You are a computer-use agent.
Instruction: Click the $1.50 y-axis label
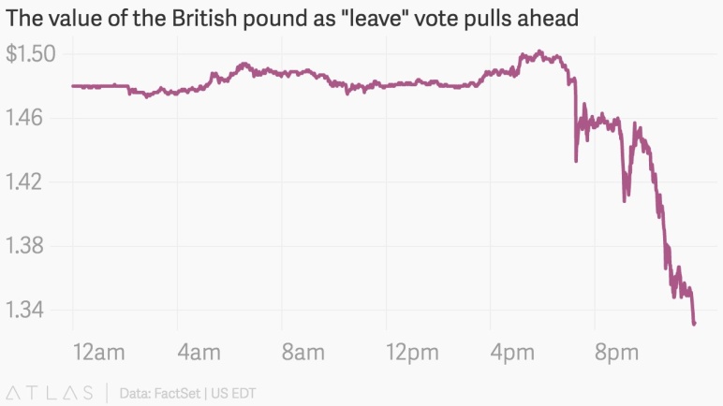pos(30,54)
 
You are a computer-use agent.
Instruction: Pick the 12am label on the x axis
pos(98,353)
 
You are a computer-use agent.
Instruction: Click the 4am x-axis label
pos(199,353)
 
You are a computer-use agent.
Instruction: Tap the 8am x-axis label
pos(303,353)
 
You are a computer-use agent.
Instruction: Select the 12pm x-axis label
pos(412,354)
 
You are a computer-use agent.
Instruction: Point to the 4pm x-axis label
pos(512,354)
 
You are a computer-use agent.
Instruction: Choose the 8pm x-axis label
pos(616,354)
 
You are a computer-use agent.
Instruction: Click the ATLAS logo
pos(50,393)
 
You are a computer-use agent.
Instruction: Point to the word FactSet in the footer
pos(177,394)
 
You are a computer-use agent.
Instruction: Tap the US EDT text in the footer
pos(233,394)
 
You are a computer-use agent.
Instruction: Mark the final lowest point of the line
pos(694,324)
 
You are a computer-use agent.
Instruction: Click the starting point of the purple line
pos(73,86)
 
